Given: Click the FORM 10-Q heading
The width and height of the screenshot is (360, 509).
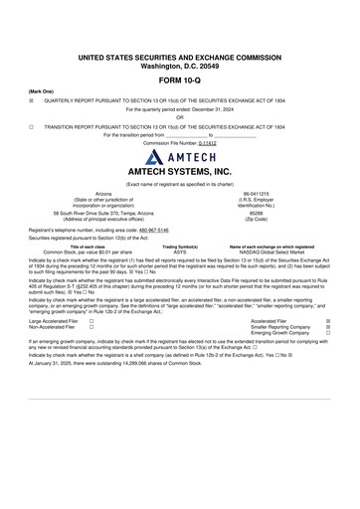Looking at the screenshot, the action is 180,79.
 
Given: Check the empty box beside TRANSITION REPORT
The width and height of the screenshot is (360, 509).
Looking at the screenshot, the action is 32,127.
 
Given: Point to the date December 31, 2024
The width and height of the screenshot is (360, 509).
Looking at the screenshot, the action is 222,109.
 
